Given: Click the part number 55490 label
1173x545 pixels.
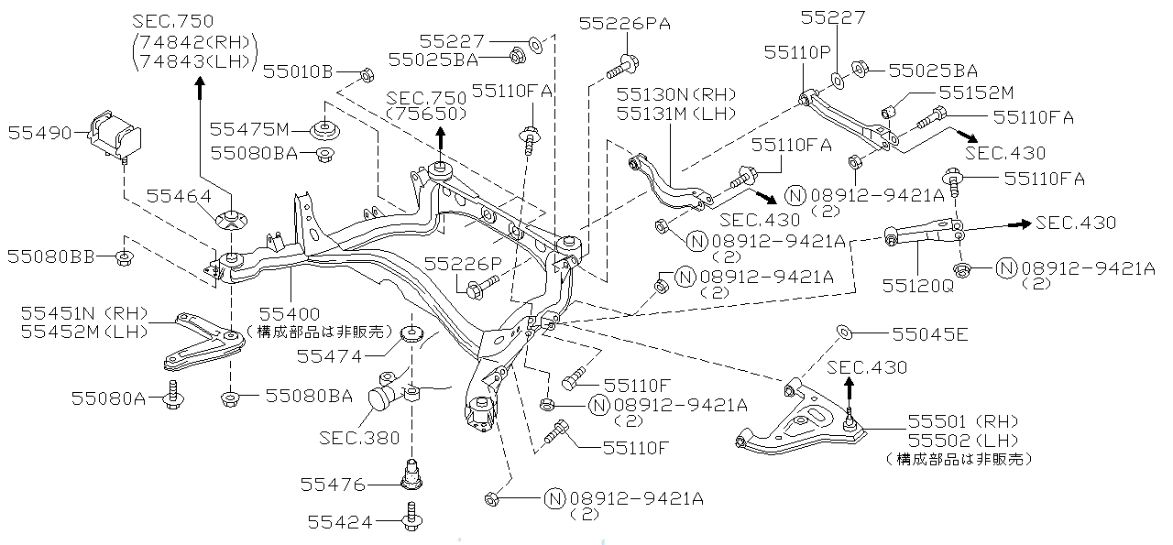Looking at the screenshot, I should [40, 133].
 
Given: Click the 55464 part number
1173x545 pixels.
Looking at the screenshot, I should [178, 195].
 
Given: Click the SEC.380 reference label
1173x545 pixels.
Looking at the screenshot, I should [360, 438].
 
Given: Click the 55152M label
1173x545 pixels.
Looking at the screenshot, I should [976, 93].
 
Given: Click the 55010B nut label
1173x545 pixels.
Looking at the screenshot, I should [298, 71].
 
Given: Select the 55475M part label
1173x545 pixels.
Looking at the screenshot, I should [249, 128].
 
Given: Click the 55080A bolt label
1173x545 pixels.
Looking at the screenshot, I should [109, 397].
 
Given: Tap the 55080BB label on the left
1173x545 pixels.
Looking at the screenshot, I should [52, 257].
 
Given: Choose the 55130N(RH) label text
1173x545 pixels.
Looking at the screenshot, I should [676, 94].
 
